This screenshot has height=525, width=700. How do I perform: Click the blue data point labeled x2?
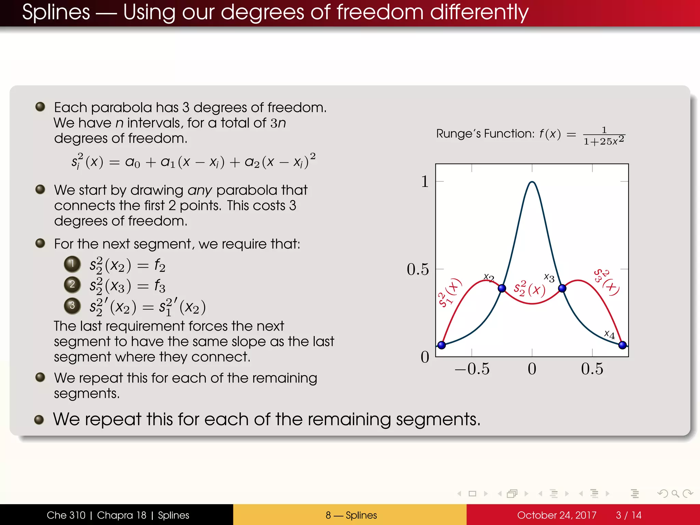(502, 288)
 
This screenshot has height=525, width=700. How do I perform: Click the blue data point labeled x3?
(562, 288)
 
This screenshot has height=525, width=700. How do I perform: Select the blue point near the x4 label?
(622, 345)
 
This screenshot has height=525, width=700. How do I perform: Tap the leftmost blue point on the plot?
(442, 345)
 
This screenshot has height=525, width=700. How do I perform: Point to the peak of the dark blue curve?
(532, 182)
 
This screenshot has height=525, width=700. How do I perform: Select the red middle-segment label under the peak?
(529, 289)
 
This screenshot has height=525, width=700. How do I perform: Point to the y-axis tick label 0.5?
(417, 269)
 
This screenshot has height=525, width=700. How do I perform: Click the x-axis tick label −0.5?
(472, 369)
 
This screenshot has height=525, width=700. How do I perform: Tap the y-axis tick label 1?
(425, 181)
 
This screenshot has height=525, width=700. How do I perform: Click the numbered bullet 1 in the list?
(72, 264)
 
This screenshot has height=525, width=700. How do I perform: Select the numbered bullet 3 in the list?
(72, 305)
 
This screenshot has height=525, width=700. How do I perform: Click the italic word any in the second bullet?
(200, 190)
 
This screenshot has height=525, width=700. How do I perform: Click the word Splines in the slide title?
(56, 12)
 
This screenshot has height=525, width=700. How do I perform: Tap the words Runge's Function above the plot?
(485, 134)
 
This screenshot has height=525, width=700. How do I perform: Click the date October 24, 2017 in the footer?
(556, 515)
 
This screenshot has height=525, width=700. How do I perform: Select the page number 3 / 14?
(628, 515)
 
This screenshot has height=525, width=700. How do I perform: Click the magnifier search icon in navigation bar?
(675, 494)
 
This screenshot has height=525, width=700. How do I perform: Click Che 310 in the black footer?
(66, 515)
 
